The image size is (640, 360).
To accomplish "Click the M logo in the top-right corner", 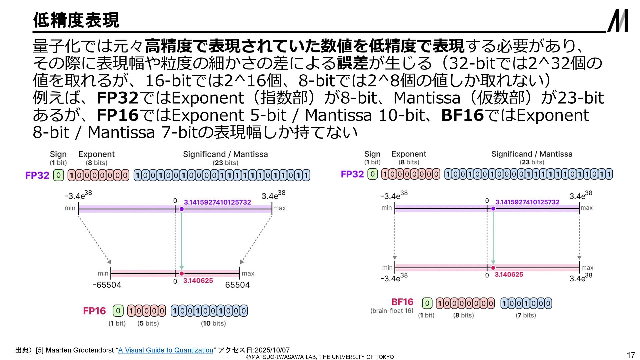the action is [x=618, y=21].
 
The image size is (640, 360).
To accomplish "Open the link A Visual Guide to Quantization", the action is [x=166, y=350].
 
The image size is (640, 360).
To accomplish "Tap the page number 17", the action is [x=631, y=355].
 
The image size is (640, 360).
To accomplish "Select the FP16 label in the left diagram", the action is [x=94, y=311].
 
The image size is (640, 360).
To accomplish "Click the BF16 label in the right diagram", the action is [x=402, y=302].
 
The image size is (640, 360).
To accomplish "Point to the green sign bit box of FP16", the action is [x=118, y=311].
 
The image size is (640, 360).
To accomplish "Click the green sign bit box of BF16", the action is [x=427, y=303].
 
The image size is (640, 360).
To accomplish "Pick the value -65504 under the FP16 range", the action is [x=107, y=285].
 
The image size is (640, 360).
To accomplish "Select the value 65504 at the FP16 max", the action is [x=237, y=285].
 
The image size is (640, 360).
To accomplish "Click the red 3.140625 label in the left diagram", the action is [x=198, y=281].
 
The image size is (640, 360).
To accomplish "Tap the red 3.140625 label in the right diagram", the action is [x=509, y=275].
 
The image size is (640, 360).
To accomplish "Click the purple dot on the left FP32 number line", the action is [x=182, y=209].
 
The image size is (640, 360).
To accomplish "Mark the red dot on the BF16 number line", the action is [x=493, y=268].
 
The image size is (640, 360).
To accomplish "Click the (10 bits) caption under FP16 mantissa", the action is [x=213, y=323].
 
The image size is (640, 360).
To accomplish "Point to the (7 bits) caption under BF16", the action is [x=526, y=315].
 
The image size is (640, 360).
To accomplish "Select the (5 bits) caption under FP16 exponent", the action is [x=148, y=323].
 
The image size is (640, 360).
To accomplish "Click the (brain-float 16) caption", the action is [x=392, y=311].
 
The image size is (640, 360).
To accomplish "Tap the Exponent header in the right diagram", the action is [x=409, y=154].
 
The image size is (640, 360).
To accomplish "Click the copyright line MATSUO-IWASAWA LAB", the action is [x=320, y=357].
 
